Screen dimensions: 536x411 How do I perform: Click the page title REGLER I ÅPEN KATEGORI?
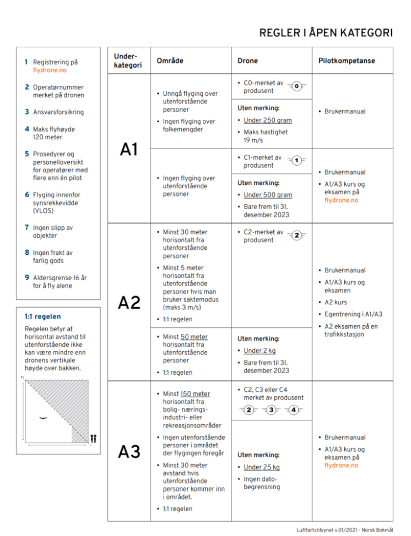[326, 33]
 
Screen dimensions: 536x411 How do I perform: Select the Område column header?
[170, 60]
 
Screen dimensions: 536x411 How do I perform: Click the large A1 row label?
[128, 149]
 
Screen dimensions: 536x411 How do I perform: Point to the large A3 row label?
[128, 452]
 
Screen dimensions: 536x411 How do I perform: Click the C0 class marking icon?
[296, 86]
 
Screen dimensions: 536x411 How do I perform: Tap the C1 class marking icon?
[296, 161]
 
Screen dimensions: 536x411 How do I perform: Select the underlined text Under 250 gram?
[268, 120]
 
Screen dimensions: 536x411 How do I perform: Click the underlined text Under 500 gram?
[268, 195]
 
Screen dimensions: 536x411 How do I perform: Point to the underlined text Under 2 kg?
[260, 351]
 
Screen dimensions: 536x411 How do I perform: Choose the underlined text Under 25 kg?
[262, 467]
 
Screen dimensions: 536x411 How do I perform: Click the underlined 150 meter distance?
[194, 393]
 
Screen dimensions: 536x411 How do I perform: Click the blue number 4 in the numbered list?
[27, 129]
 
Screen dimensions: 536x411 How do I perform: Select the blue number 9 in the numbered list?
[27, 277]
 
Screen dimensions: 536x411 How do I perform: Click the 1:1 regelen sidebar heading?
[43, 316]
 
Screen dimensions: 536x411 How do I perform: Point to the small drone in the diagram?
[44, 418]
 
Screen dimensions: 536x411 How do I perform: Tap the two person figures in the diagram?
[93, 438]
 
